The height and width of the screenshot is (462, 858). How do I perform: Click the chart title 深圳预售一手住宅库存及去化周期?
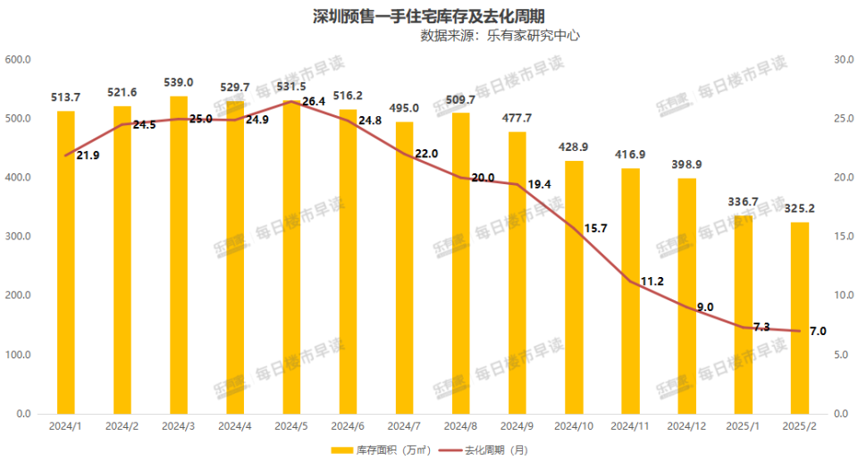[429, 16]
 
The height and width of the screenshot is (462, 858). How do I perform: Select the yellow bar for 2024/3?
[179, 255]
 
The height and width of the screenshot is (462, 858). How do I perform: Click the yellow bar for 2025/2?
[800, 317]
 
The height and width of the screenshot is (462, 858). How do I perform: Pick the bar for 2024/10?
[574, 287]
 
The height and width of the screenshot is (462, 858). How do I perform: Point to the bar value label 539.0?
[179, 82]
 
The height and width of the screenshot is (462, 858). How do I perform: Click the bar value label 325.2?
[800, 208]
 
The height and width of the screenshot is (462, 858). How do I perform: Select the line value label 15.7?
[593, 229]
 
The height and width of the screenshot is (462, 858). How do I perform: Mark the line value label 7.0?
[818, 332]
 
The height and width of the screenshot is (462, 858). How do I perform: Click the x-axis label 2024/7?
[404, 427]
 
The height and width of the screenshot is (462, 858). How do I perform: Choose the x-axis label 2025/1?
[744, 427]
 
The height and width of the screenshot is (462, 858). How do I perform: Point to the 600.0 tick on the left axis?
[19, 60]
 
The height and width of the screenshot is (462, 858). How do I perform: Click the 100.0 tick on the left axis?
[19, 355]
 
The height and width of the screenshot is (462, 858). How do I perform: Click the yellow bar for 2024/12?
[687, 296]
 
